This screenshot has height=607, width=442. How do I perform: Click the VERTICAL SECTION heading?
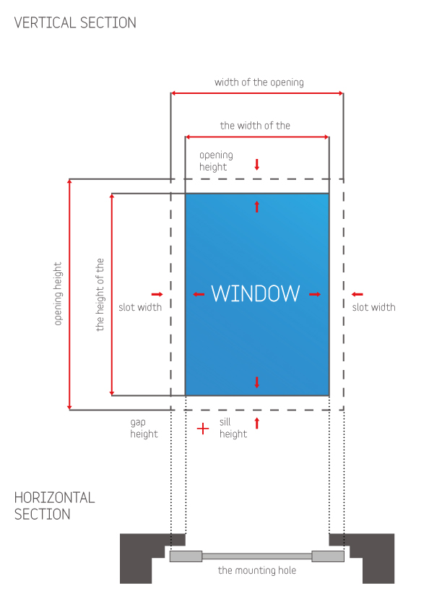(x=75, y=22)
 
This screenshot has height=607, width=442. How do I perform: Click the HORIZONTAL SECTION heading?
(x=54, y=506)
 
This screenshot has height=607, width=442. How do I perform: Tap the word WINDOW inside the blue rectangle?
(x=256, y=293)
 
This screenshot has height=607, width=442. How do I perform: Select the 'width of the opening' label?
(x=259, y=82)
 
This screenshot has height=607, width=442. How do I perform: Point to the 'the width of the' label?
(x=255, y=126)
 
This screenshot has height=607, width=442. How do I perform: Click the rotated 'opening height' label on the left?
(x=58, y=293)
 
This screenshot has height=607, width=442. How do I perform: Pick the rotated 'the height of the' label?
(x=100, y=294)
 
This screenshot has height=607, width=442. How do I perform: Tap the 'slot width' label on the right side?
(x=373, y=307)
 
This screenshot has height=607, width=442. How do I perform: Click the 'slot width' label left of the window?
(x=140, y=307)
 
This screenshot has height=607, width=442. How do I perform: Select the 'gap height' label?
(x=144, y=428)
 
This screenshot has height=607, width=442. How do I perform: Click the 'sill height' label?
(x=233, y=428)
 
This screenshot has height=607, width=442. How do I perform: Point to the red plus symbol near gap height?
(x=203, y=429)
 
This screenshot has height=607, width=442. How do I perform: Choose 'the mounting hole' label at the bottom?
(x=257, y=570)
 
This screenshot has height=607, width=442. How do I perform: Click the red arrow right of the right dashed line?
(x=357, y=294)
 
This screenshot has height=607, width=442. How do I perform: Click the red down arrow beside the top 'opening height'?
(x=256, y=165)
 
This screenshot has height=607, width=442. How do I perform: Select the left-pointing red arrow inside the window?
(x=199, y=294)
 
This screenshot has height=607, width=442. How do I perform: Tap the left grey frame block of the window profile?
(x=186, y=556)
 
